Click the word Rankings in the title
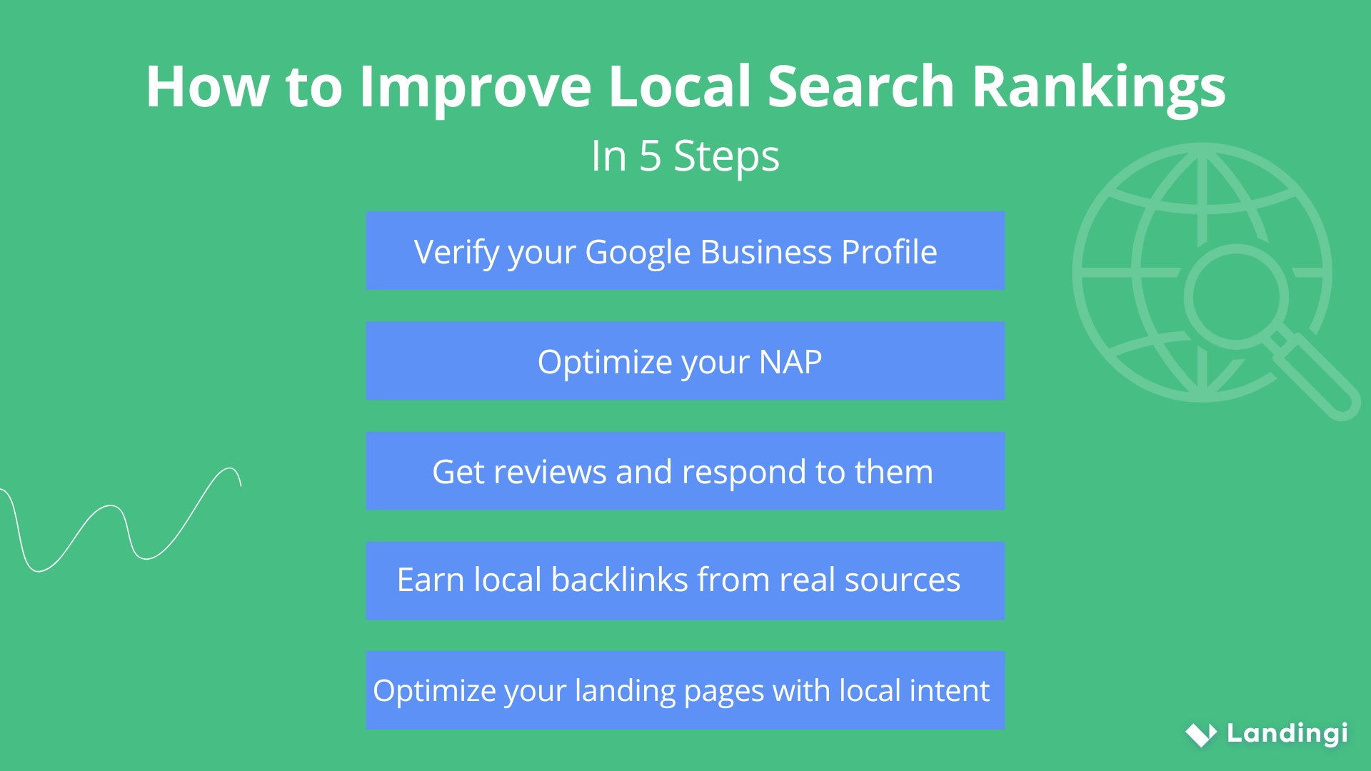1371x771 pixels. coord(1098,88)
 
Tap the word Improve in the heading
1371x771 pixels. coord(475,88)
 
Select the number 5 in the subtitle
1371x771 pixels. coord(650,156)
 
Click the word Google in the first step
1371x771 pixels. coord(638,253)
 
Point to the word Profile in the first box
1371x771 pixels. coord(889,252)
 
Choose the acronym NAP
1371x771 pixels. coord(790,362)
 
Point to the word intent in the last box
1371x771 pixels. coord(949,690)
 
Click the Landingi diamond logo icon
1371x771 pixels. coord(1201,734)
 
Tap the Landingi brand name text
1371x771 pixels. coord(1287,733)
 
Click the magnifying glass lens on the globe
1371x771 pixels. coord(1235,296)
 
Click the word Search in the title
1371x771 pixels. coord(860,86)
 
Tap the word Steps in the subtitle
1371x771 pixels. coord(726,156)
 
